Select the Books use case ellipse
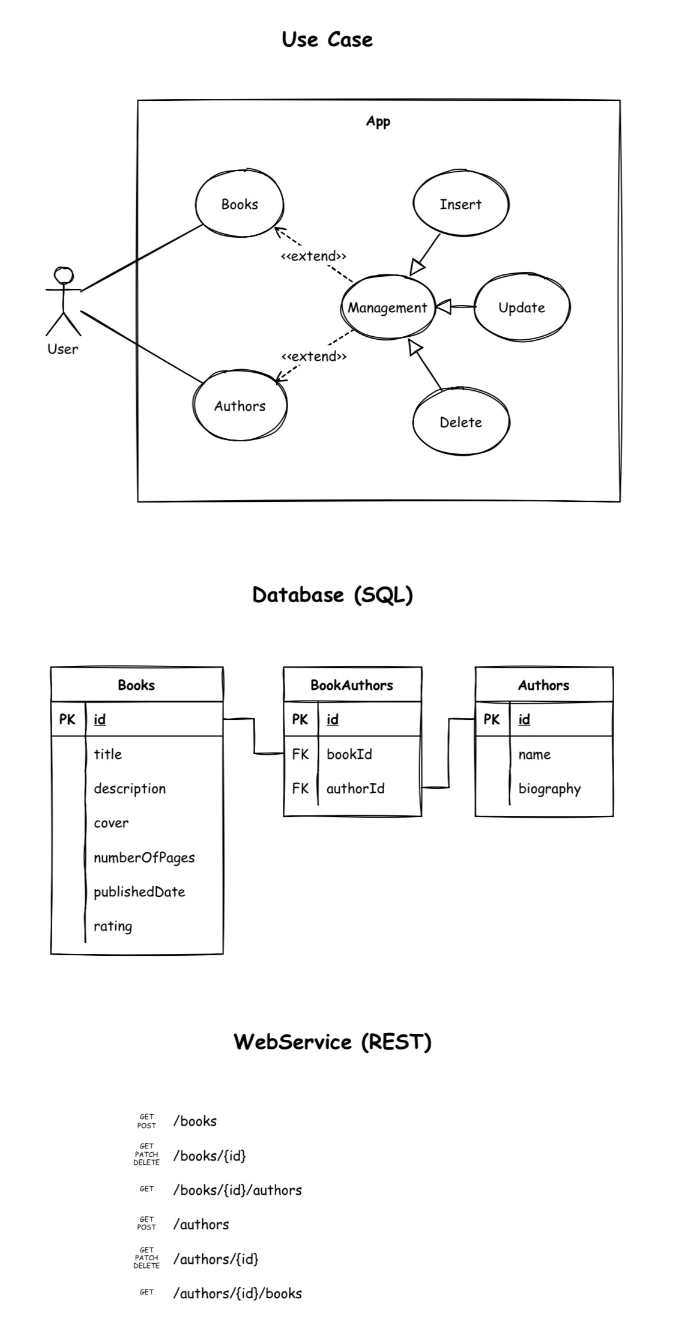click(x=240, y=204)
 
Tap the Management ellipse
click(x=387, y=307)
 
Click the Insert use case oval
click(x=460, y=204)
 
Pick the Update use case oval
click(x=522, y=307)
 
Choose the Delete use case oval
click(x=460, y=422)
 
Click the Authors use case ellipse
click(x=240, y=406)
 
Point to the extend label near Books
click(x=313, y=256)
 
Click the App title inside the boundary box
click(x=378, y=122)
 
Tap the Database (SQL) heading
click(x=333, y=595)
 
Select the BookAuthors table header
click(x=352, y=685)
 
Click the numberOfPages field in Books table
click(x=144, y=857)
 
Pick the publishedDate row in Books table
click(x=139, y=892)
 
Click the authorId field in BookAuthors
click(x=355, y=788)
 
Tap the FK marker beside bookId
click(x=300, y=754)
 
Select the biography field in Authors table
click(x=549, y=788)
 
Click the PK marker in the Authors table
click(x=492, y=719)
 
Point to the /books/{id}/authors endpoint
click(x=237, y=1190)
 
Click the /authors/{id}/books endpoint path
click(x=237, y=1293)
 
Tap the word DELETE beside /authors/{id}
click(x=146, y=1266)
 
